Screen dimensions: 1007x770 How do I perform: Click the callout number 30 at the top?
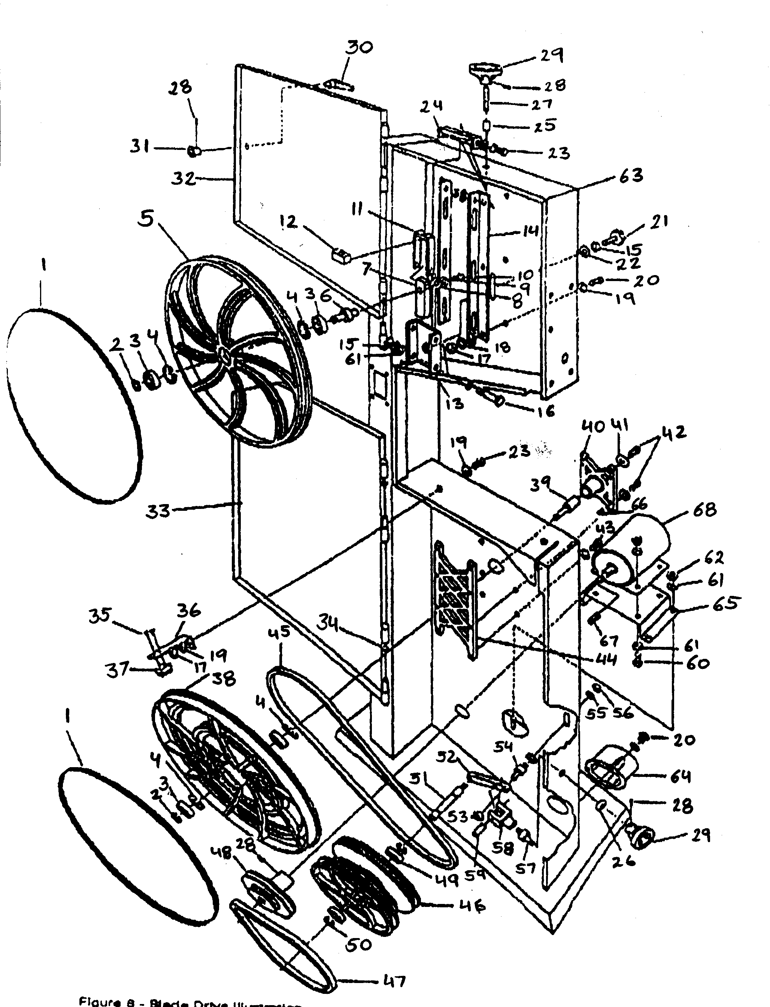tap(359, 47)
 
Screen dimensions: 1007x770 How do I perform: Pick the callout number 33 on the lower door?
tap(158, 510)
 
